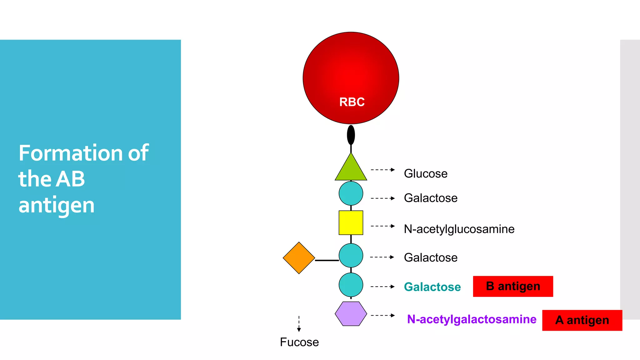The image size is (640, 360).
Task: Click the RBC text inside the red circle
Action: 352,102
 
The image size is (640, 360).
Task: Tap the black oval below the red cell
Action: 351,135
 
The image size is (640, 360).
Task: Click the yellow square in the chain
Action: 351,222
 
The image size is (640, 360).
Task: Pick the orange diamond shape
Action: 299,258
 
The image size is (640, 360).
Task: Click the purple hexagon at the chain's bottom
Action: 351,314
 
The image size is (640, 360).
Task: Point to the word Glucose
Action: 425,173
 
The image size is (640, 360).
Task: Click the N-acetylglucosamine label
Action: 459,229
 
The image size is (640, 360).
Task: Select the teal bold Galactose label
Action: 432,287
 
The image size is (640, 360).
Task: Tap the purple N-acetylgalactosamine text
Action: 472,319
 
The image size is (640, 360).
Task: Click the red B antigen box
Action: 513,286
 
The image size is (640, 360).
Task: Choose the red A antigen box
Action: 582,320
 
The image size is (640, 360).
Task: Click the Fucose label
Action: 299,342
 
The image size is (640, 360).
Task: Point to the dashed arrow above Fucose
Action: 299,324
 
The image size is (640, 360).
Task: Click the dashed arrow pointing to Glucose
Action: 382,170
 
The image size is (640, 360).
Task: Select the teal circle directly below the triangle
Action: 351,193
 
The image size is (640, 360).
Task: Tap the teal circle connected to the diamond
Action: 351,256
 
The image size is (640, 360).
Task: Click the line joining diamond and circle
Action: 327,260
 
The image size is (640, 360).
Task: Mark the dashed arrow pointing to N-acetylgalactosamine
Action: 382,315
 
